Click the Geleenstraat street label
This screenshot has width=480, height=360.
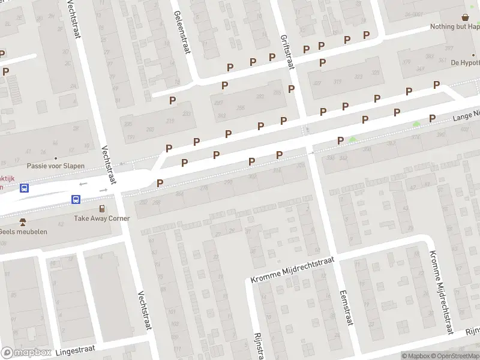pos(181,32)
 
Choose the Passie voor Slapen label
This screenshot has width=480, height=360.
pos(56,166)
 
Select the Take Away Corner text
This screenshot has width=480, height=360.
pos(102,218)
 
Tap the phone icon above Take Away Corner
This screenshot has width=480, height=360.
pos(102,208)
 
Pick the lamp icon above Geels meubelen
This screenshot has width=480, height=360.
pos(23,222)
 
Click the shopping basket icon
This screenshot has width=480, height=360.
pos(465,17)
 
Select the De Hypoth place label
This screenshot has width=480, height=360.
pos(465,62)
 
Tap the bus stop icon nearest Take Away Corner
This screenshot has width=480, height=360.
pos(76,199)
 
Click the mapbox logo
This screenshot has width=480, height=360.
pos(27,353)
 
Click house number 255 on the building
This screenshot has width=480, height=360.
pos(240,108)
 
